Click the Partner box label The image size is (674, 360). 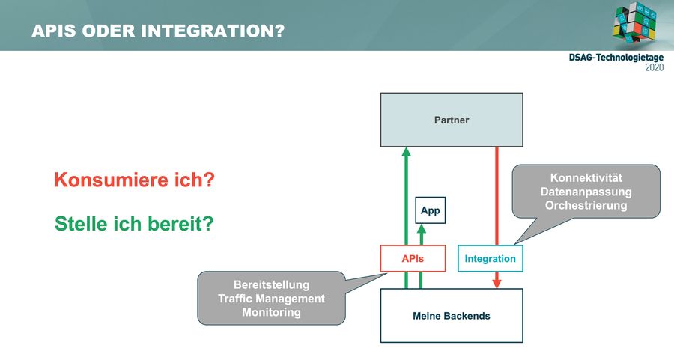click(452, 120)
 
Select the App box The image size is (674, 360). click(431, 210)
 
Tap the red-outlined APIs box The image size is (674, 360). click(413, 259)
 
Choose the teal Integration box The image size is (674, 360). click(491, 259)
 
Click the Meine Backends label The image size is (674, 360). click(452, 316)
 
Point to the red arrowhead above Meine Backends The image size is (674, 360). click(497, 284)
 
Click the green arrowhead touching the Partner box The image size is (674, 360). click(406, 151)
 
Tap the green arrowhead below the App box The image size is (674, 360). click(422, 228)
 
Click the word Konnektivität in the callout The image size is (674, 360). click(586, 178)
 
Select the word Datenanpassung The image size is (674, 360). click(586, 192)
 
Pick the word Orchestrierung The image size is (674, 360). click(586, 205)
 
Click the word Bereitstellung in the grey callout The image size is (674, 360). click(271, 285)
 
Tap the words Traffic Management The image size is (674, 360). click(271, 299)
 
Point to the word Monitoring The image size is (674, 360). click(271, 312)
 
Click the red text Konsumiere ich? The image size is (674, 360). click(134, 180)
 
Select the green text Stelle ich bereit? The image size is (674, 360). click(134, 224)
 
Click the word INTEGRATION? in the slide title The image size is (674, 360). click(213, 31)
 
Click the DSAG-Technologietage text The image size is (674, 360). click(616, 58)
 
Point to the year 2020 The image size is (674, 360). click(655, 67)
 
